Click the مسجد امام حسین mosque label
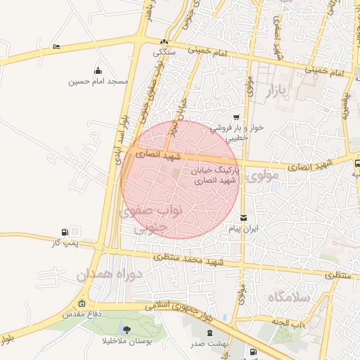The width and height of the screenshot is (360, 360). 98,82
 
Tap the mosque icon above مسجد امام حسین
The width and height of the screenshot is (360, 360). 98,70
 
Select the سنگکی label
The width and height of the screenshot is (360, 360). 165,52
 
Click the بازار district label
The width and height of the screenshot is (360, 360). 278,91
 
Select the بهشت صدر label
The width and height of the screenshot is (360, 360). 206,345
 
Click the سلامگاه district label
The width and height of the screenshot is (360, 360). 288,297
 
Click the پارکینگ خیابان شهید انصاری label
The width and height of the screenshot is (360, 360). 215,176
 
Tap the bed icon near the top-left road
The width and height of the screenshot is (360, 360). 56,46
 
